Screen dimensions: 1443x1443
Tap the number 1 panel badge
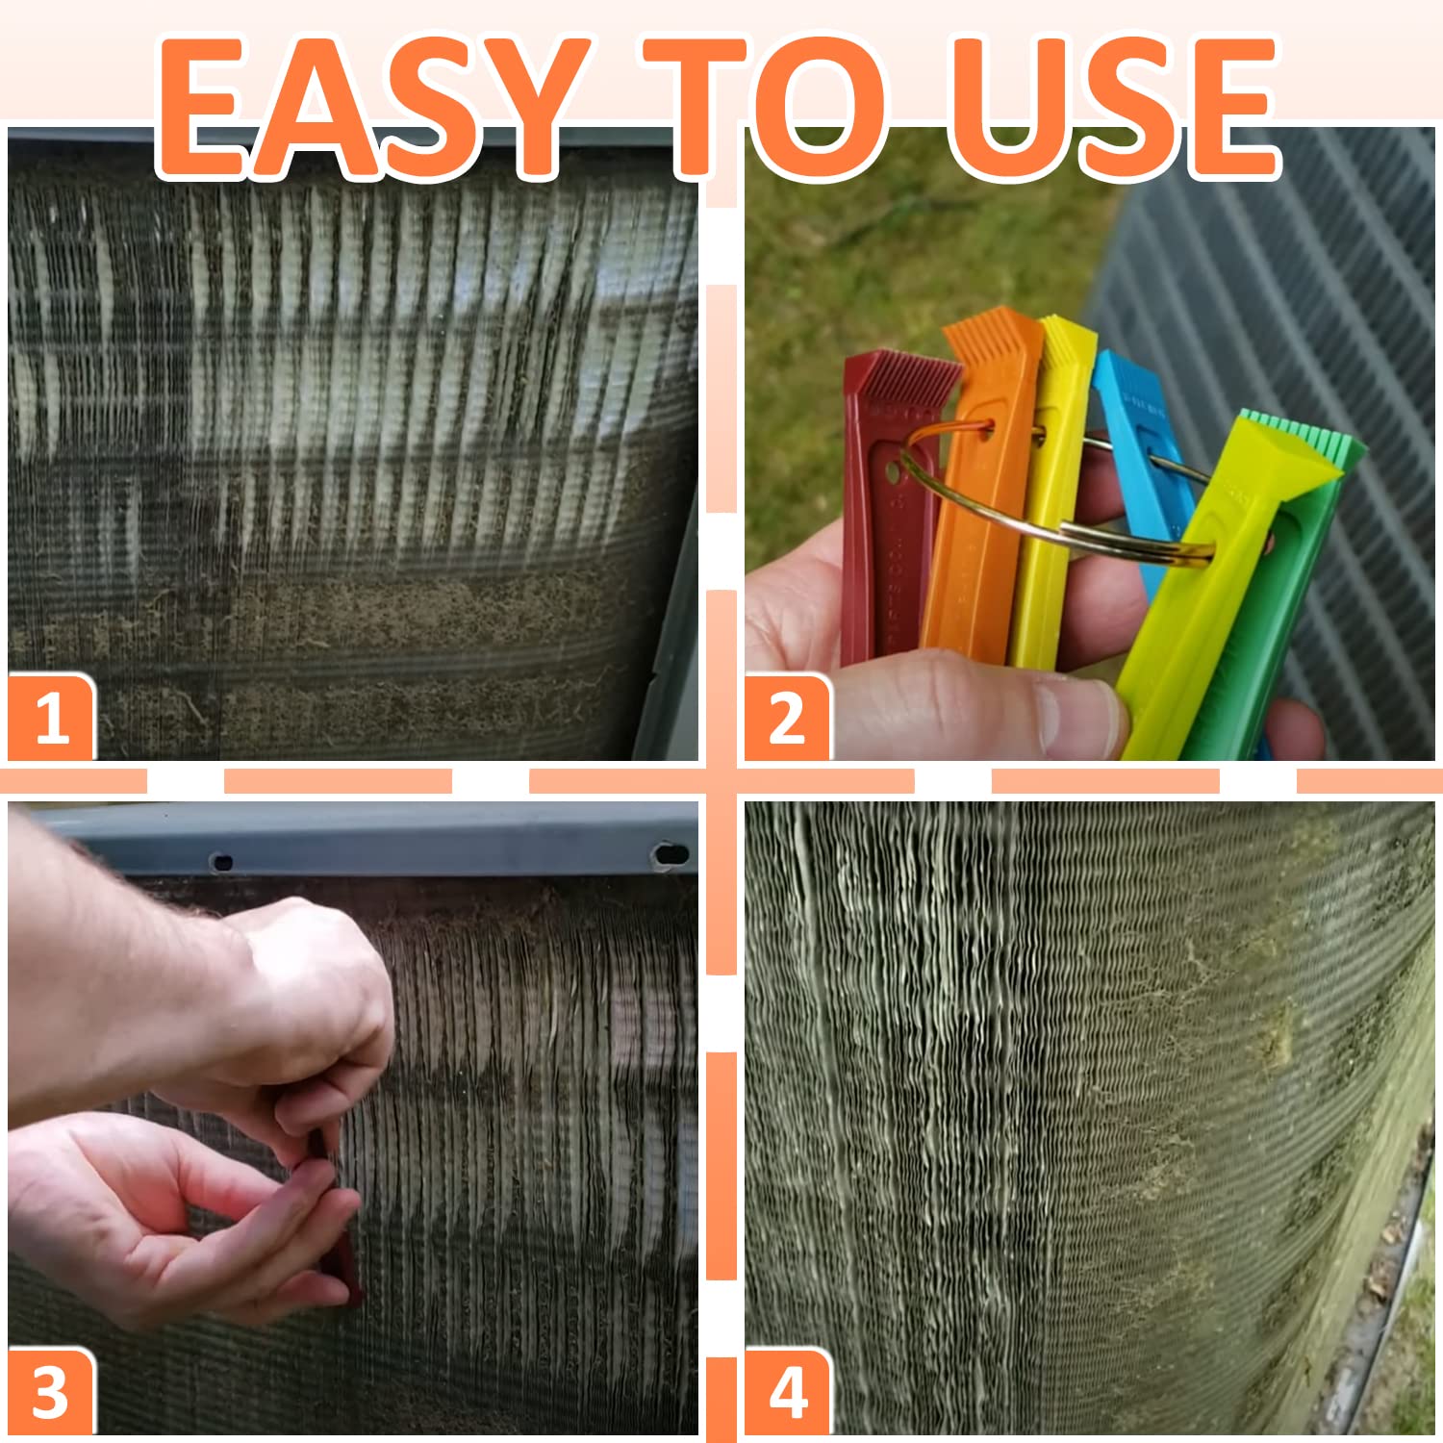(51, 718)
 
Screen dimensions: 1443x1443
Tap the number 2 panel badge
(787, 718)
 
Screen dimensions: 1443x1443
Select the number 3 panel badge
(51, 1393)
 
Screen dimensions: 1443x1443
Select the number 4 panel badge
(787, 1393)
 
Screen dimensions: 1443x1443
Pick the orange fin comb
(972, 539)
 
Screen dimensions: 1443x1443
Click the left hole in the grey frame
(221, 862)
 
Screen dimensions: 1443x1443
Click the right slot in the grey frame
(670, 854)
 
